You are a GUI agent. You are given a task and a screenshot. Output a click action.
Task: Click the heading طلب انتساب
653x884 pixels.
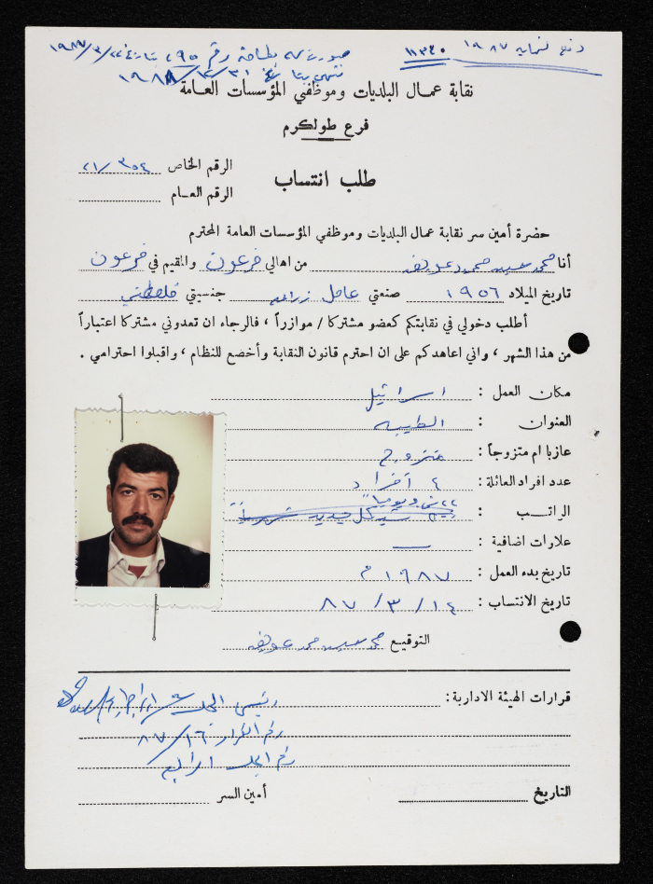click(324, 181)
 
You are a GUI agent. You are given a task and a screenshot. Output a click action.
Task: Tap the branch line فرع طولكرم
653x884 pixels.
click(326, 130)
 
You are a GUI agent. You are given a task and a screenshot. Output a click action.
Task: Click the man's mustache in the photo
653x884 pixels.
click(137, 520)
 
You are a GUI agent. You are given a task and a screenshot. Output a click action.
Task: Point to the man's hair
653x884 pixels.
click(143, 460)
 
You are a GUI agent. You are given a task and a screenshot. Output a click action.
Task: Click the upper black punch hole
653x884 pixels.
click(578, 343)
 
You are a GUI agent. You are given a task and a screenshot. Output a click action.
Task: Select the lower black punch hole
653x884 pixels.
click(570, 631)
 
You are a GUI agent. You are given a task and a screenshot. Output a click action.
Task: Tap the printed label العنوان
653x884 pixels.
click(549, 421)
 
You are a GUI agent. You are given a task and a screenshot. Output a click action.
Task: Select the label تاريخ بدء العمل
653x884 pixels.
click(535, 572)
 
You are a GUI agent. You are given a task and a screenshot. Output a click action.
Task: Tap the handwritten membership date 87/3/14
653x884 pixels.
click(387, 604)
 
